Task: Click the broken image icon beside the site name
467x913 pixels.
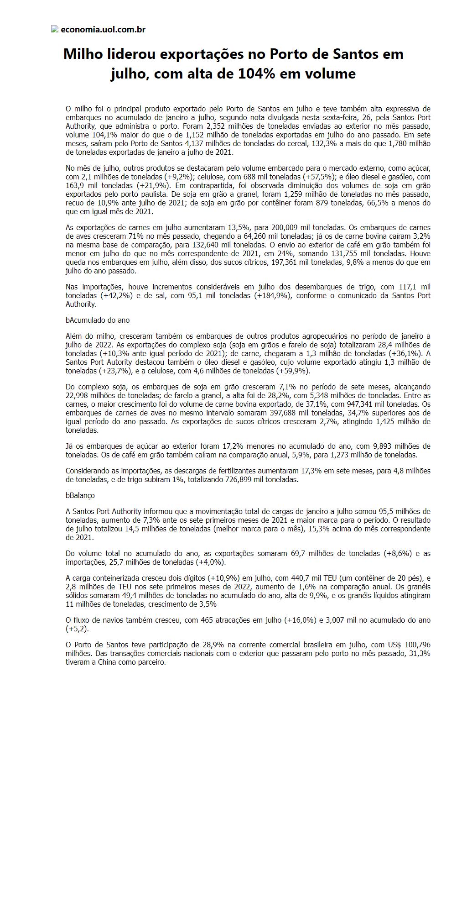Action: click(55, 29)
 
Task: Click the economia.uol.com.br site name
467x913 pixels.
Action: click(103, 30)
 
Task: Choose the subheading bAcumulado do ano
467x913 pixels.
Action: click(98, 320)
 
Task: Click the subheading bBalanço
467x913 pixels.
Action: click(80, 495)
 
